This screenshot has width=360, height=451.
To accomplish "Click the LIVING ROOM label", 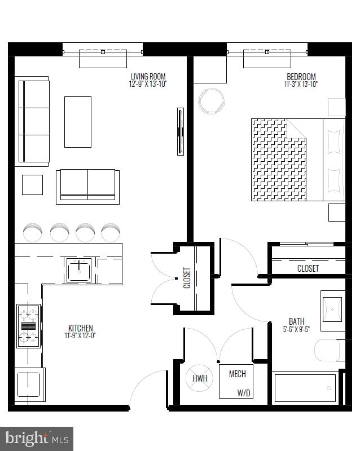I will coord(148,77).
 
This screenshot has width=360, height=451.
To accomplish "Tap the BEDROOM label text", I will coord(301,77).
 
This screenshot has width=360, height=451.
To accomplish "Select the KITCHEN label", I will coord(81,328).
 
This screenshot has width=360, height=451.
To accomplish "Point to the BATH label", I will coord(293,322).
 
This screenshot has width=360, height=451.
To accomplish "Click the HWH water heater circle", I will coord(200,378).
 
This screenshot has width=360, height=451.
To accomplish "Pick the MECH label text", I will coord(237,374).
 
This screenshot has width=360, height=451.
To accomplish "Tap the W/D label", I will coord(244,392).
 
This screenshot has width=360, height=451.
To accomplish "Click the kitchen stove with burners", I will coord(28,325).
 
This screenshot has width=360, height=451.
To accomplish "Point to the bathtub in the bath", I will coord(305,387).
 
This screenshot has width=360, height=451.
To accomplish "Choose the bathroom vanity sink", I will coord(332,309).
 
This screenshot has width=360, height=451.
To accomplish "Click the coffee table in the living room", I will coord(78,122).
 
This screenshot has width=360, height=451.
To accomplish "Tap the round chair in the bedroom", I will coord(212,101).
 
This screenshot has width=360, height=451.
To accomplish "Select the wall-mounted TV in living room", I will coord(181,131).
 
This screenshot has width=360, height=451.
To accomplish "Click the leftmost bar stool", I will coord(33,232).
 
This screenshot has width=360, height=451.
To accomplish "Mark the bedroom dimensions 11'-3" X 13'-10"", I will coord(301,85).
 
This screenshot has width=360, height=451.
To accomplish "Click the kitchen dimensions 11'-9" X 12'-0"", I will coord(81,336).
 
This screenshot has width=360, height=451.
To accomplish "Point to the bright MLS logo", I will coord(37,438).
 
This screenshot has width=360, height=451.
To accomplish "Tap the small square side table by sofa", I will coord(32,185).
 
